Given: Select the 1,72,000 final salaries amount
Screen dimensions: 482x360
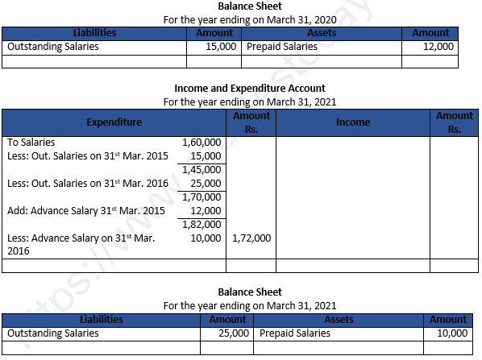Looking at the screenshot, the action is pyautogui.click(x=251, y=238).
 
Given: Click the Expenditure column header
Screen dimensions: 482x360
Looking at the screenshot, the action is pyautogui.click(x=114, y=122).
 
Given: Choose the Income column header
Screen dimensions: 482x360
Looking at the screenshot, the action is pyautogui.click(x=353, y=122).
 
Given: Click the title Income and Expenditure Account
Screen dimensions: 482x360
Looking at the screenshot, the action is pyautogui.click(x=250, y=88).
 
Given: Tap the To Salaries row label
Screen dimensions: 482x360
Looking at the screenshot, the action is pyautogui.click(x=31, y=143).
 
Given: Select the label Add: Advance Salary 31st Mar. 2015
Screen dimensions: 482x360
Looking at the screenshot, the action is pyautogui.click(x=85, y=211).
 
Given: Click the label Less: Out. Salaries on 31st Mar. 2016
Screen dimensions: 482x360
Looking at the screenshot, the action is pyautogui.click(x=87, y=184).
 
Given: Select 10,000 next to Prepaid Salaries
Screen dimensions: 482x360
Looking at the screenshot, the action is pyautogui.click(x=451, y=333).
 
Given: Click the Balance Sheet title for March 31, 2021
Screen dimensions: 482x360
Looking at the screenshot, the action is pyautogui.click(x=250, y=292).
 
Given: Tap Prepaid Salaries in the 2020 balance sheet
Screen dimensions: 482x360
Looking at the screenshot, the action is pyautogui.click(x=282, y=47).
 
